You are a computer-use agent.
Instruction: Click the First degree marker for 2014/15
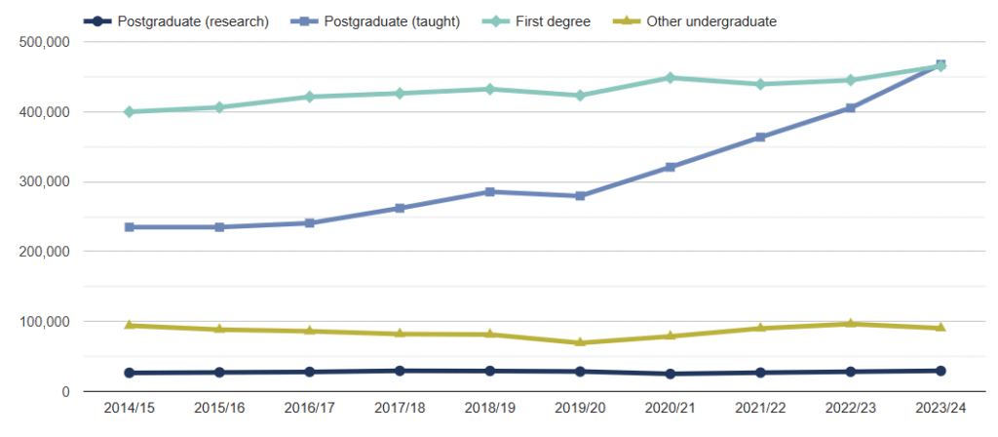pos(129,112)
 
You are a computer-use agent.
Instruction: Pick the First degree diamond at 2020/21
pos(671,78)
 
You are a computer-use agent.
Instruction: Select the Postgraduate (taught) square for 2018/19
pos(490,192)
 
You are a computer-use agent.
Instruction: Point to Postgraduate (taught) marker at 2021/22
pos(760,138)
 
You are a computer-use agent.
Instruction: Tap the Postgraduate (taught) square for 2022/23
pos(851,108)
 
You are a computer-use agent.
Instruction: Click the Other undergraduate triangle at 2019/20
pos(580,342)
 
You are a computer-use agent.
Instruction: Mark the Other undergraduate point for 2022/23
pos(851,323)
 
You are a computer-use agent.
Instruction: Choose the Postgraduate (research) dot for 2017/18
pos(400,371)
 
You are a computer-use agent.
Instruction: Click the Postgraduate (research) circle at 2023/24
pos(940,371)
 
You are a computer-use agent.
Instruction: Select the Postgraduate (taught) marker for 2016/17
pos(309,223)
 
